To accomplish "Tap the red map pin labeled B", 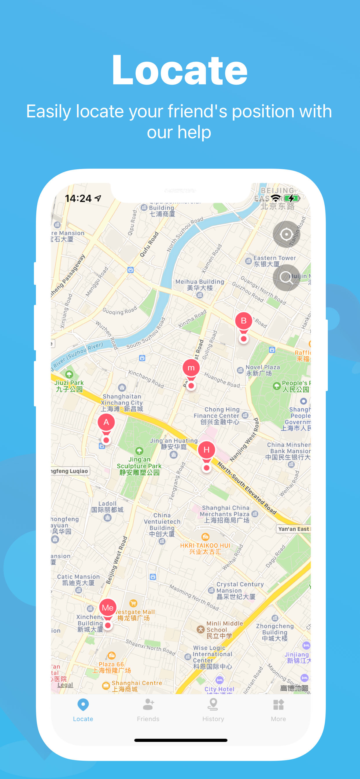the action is tap(243, 321).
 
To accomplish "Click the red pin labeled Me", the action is tap(108, 608).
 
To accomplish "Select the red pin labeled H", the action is tap(207, 450).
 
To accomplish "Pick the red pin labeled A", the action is tap(106, 423).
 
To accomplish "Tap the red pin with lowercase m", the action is tap(191, 368).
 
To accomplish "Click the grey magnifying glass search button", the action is tap(286, 277).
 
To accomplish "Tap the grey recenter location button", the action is tap(286, 234).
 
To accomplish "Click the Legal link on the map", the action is tap(65, 685).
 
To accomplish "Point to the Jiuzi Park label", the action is tap(69, 385).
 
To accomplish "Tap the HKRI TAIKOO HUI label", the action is tap(205, 548).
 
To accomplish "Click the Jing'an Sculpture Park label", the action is tap(139, 466).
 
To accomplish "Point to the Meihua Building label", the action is tap(200, 285).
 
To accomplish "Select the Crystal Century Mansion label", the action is tap(240, 590).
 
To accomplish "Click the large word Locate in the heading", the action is tap(180, 70).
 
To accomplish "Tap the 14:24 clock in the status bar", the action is tap(78, 199).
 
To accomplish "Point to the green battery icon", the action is tap(292, 199).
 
